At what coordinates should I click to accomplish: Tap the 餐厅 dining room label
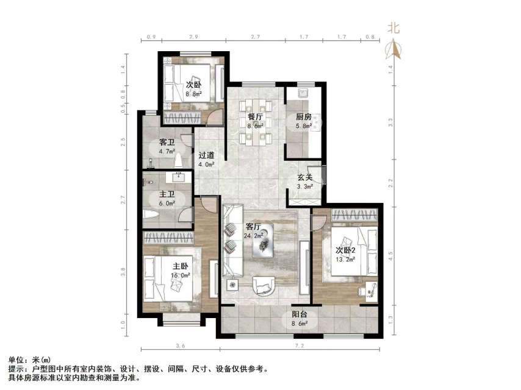coord(255,117)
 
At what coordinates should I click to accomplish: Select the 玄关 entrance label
coord(305,178)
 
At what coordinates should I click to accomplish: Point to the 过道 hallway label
coord(206,155)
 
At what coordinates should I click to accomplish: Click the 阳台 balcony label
coord(299,315)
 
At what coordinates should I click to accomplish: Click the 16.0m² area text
coord(180,275)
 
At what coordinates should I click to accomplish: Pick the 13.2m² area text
coord(345,260)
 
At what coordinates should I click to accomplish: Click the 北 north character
coord(393,28)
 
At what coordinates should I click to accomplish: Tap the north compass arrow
coord(394,49)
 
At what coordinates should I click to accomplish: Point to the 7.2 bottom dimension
coord(300,346)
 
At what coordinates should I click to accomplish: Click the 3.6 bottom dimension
coord(180,346)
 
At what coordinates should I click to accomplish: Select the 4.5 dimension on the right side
coord(392,254)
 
